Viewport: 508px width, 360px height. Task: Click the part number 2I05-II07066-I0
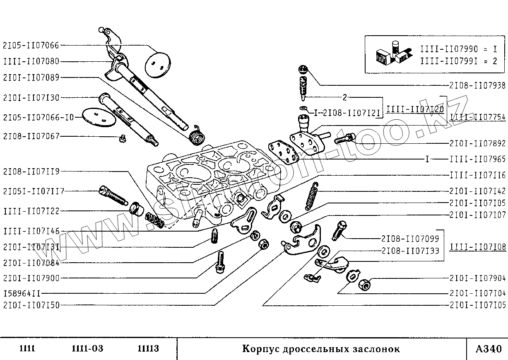pyautogui.click(x=38, y=117)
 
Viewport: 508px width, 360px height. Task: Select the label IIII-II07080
pyautogui.click(x=31, y=62)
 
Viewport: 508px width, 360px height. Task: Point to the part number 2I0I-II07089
pyautogui.click(x=31, y=77)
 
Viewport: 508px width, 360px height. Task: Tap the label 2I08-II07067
pyautogui.click(x=31, y=136)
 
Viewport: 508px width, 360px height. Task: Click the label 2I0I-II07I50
pyautogui.click(x=31, y=305)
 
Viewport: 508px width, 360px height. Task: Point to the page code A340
pyautogui.click(x=487, y=349)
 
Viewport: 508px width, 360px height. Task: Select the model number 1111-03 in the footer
pyautogui.click(x=87, y=349)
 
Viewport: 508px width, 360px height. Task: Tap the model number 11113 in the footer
pyautogui.click(x=148, y=349)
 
